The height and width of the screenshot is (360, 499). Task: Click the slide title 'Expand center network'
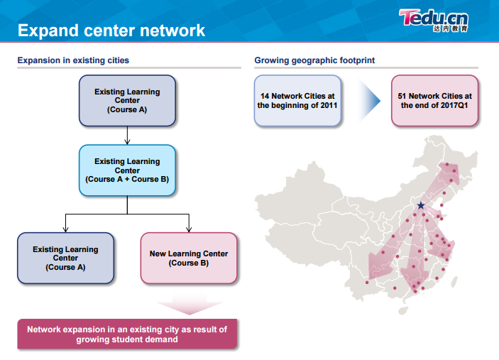(x=111, y=31)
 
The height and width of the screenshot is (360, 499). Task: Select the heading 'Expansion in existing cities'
(x=73, y=61)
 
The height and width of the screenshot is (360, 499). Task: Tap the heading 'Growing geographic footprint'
(x=314, y=61)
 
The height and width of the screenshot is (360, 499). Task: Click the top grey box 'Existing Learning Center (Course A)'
(x=127, y=101)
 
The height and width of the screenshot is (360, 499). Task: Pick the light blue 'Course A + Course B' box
(x=127, y=170)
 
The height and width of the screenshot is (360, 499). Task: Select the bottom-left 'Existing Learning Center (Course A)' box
(x=65, y=258)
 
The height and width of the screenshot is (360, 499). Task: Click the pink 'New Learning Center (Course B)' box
(x=189, y=258)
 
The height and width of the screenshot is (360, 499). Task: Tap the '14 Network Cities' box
(x=297, y=100)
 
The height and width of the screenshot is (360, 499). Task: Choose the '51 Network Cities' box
(x=434, y=100)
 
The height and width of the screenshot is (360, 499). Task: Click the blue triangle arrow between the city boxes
(x=368, y=100)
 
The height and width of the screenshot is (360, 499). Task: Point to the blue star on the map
(x=421, y=205)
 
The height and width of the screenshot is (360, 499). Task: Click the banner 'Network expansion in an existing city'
(x=127, y=334)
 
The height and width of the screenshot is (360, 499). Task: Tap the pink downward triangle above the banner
(x=189, y=305)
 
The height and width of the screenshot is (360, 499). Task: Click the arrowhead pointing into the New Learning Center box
(x=189, y=229)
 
